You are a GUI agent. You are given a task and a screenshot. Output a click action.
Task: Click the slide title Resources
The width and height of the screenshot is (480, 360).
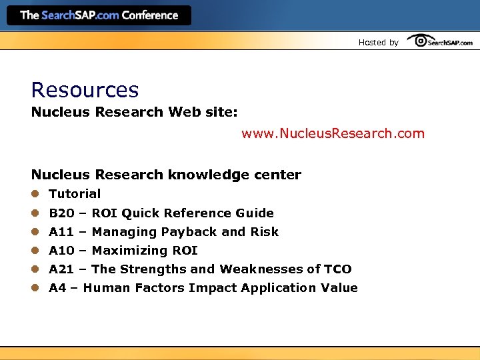tap(85, 90)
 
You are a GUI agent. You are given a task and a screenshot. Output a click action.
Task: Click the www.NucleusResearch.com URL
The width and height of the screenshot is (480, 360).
tap(333, 133)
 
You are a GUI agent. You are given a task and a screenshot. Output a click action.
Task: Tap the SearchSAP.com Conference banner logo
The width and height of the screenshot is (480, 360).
tap(99, 15)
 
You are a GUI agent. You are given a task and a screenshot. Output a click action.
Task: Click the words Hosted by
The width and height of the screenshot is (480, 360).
tap(378, 43)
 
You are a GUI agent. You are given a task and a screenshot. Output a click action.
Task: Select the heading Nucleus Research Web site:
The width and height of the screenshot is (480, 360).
tap(134, 112)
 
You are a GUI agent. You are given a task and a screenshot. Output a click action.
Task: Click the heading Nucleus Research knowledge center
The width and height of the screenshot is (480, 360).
tap(166, 175)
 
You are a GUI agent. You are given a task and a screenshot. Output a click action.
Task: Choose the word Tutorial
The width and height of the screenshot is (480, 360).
tap(75, 194)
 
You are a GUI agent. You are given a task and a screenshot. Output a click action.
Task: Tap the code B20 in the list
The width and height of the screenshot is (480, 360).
tap(61, 213)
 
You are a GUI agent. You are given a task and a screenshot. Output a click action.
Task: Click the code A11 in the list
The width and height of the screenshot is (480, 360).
tap(61, 232)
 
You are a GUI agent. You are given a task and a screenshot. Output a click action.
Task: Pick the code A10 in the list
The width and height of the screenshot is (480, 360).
tap(61, 251)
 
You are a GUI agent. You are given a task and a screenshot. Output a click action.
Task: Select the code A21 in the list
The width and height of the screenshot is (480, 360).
tap(61, 269)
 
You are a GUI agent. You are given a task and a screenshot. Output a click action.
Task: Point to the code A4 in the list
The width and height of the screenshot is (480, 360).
tap(57, 288)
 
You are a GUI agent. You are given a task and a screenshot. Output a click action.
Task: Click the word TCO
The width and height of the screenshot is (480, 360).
tap(338, 269)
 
